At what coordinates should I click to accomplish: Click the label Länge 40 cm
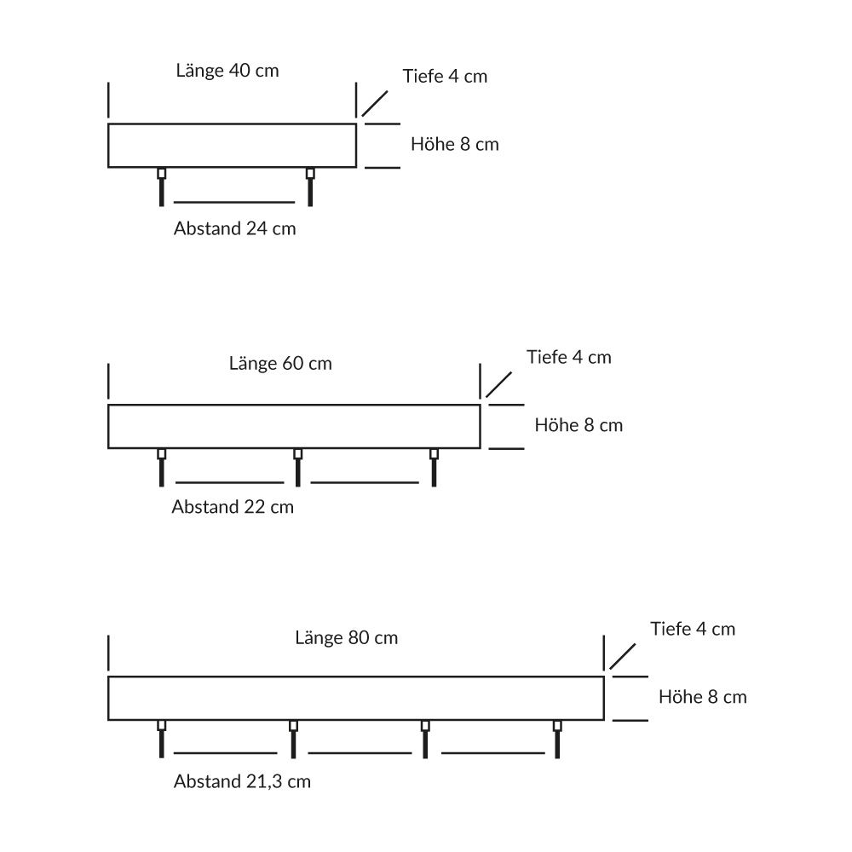(227, 71)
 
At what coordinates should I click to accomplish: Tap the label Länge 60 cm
(280, 363)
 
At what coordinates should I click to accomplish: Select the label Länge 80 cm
(347, 637)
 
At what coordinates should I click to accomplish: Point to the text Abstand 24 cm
(235, 228)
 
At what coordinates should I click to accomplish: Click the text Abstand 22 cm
(233, 506)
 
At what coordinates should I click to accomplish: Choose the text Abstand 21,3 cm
(242, 781)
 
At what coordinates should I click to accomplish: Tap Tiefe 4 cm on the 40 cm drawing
(445, 76)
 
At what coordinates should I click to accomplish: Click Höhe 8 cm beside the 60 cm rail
(579, 425)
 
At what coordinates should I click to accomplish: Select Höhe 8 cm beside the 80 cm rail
(703, 697)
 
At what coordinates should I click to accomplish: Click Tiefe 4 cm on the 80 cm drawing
(693, 629)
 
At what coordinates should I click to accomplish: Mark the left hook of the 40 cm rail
(161, 187)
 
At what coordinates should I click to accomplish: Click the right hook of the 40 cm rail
(310, 187)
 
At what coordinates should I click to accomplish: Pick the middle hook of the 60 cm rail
(297, 467)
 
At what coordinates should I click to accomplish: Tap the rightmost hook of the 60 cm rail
(435, 467)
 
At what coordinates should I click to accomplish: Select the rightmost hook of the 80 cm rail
(557, 739)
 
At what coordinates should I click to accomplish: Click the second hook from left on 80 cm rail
(293, 739)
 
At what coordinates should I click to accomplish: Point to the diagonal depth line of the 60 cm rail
(498, 385)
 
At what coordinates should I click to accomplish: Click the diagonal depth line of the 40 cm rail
(375, 104)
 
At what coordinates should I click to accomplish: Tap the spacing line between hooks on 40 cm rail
(234, 202)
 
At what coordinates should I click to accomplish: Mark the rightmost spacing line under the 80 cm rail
(492, 753)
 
